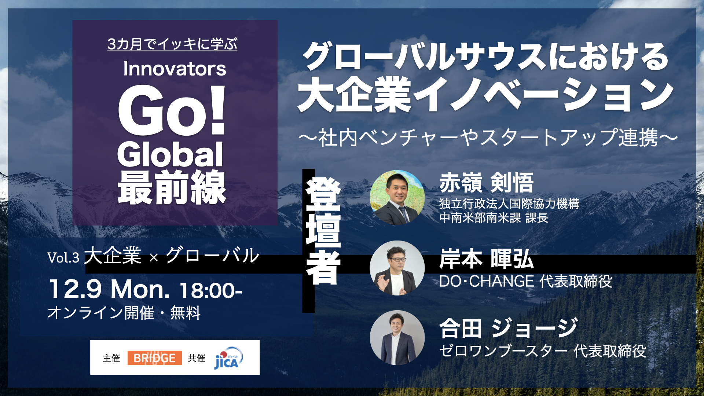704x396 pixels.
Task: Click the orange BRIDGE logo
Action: pos(154,358)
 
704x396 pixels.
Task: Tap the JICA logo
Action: pos(228,358)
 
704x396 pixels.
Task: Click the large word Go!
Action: pos(171,110)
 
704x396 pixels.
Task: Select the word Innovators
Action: pos(175,69)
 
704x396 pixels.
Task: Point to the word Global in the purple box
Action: pos(170,154)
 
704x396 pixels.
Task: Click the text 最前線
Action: pos(172,187)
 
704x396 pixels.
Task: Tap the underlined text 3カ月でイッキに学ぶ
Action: pos(172,44)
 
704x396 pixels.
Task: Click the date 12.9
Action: pos(75,289)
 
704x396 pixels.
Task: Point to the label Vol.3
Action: pos(63,257)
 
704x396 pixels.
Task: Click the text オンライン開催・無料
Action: pos(124,313)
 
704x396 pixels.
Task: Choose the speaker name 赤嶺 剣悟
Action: pos(487,183)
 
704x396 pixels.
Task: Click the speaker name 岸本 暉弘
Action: pos(487,259)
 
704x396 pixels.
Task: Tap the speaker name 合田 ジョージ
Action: pos(509,328)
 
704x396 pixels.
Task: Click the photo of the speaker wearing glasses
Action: pos(397,268)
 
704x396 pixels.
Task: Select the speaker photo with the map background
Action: pos(397,197)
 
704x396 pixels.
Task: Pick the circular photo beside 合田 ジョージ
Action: pos(397,338)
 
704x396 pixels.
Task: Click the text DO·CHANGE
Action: pos(487,282)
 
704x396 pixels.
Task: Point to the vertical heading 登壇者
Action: pos(323,231)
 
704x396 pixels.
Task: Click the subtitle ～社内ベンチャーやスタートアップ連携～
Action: pos(488,137)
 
